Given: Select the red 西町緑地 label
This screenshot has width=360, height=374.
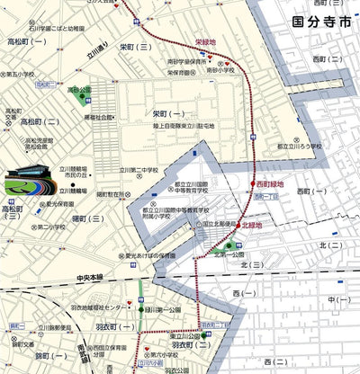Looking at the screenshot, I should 268,184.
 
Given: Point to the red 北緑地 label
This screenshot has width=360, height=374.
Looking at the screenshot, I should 253,226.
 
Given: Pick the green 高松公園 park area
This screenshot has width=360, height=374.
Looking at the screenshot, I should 79,91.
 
